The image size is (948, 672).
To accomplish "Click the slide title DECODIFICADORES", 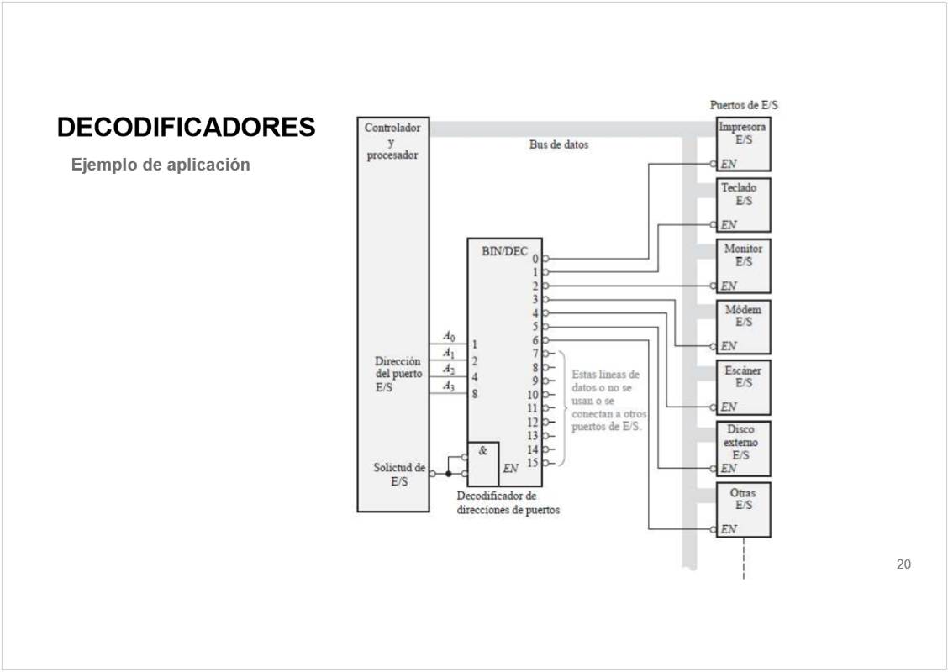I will click(x=186, y=128).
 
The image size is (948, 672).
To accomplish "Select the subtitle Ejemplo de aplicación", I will click(x=161, y=165).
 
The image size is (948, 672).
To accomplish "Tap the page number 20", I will click(x=903, y=564).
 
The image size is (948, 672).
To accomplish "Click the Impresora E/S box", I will click(x=743, y=144).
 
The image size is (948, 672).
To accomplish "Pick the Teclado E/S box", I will click(x=743, y=204).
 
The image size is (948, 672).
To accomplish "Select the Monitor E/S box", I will click(x=743, y=265).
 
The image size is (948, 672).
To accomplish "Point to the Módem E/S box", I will click(x=743, y=326).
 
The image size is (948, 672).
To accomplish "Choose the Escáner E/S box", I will click(x=743, y=386).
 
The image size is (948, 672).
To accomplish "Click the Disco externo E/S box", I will click(x=743, y=448).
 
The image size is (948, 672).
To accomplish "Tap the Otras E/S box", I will click(x=743, y=508).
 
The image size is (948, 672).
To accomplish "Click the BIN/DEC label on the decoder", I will click(x=504, y=251).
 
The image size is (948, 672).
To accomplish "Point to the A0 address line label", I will click(x=449, y=337).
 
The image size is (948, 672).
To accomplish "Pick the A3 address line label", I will click(x=449, y=386).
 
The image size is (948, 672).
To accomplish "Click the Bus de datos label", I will click(x=559, y=144).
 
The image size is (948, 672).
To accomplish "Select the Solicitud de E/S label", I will click(x=399, y=475).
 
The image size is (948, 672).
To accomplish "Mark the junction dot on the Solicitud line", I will click(x=448, y=475).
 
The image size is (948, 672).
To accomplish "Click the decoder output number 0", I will click(x=535, y=260).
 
